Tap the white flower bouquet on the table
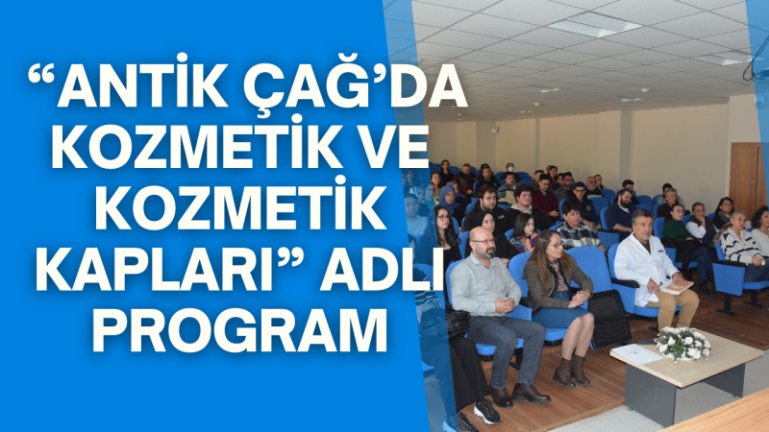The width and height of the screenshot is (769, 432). pos(682,343)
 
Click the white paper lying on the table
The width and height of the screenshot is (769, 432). pos(635,352)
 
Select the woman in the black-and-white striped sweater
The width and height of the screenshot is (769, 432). pos(739,246)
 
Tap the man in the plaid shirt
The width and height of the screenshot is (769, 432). pos(576,230)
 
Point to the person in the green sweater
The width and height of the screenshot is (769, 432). pos(676,228)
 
